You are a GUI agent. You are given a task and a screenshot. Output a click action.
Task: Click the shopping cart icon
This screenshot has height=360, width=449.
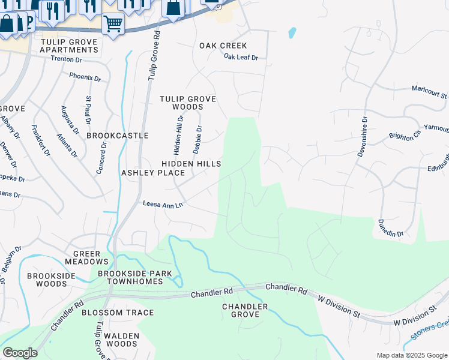(112, 24)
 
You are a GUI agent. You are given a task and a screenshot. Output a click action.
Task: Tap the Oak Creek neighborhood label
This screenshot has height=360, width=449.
(223, 46)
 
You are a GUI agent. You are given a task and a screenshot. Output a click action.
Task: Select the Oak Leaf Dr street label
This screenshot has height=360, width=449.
(241, 58)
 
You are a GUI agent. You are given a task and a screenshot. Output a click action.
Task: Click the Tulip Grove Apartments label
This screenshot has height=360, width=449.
(68, 46)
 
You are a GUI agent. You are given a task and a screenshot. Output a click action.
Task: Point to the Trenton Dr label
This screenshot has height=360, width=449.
(66, 59)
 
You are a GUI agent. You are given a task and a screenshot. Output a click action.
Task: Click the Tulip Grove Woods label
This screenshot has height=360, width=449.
(188, 103)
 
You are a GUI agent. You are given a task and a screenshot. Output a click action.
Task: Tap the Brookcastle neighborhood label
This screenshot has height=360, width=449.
(117, 136)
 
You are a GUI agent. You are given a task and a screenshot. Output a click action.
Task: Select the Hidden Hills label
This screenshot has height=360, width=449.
(191, 164)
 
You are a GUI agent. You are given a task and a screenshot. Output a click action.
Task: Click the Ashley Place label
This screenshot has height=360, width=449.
(153, 173)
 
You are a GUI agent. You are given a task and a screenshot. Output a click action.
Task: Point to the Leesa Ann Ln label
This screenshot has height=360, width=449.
(162, 205)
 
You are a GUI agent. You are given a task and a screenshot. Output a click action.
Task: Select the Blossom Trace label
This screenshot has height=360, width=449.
(118, 313)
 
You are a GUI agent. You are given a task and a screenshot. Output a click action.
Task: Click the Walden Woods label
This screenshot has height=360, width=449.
(122, 340)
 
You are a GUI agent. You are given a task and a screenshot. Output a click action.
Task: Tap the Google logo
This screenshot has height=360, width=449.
(20, 353)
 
